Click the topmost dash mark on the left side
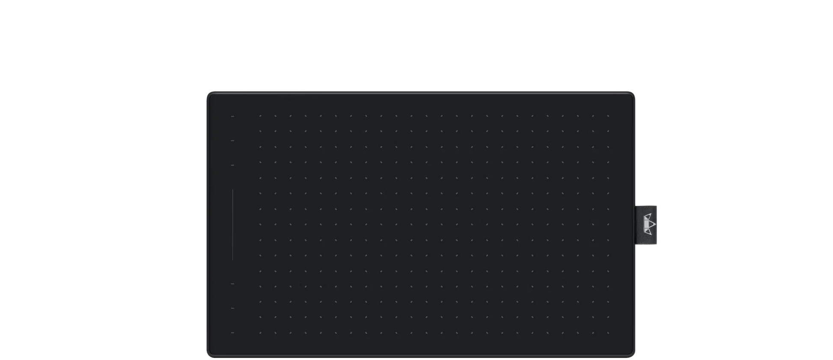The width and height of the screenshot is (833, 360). tap(232, 116)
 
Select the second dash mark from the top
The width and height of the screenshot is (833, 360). tap(232, 140)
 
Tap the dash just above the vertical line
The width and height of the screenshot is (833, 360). tap(232, 165)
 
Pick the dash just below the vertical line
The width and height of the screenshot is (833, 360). tap(232, 283)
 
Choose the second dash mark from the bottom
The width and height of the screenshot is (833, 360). tap(232, 308)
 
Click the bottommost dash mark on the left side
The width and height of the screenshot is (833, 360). tap(232, 332)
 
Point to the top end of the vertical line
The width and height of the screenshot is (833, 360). tap(233, 190)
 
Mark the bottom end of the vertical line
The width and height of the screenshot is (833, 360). tap(233, 259)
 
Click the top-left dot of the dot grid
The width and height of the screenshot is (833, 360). tap(260, 116)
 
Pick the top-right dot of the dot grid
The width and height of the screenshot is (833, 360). tap(608, 116)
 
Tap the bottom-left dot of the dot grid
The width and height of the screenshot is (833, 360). tap(260, 332)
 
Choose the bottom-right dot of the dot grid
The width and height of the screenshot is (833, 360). tap(608, 332)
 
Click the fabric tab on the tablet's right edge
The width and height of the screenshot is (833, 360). tap(647, 225)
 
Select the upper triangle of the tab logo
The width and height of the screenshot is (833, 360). tap(648, 217)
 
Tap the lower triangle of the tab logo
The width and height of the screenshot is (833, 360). tap(648, 232)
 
